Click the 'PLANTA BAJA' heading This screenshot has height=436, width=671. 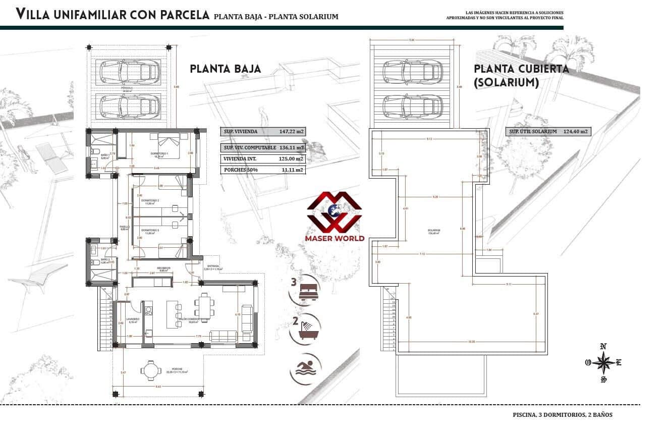[x=226, y=69]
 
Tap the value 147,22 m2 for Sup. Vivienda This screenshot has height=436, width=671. [x=292, y=132]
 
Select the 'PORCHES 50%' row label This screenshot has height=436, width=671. [x=241, y=170]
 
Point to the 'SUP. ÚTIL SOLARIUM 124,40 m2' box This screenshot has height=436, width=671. [x=548, y=132]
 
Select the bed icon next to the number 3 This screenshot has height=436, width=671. [x=308, y=291]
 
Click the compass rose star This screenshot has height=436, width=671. [x=603, y=362]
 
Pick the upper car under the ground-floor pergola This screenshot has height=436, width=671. [x=131, y=71]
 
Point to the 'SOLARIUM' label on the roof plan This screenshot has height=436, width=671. [x=432, y=231]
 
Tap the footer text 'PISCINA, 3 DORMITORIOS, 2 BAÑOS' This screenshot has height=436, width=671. [x=562, y=415]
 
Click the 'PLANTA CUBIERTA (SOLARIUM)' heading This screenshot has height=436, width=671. [x=521, y=75]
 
